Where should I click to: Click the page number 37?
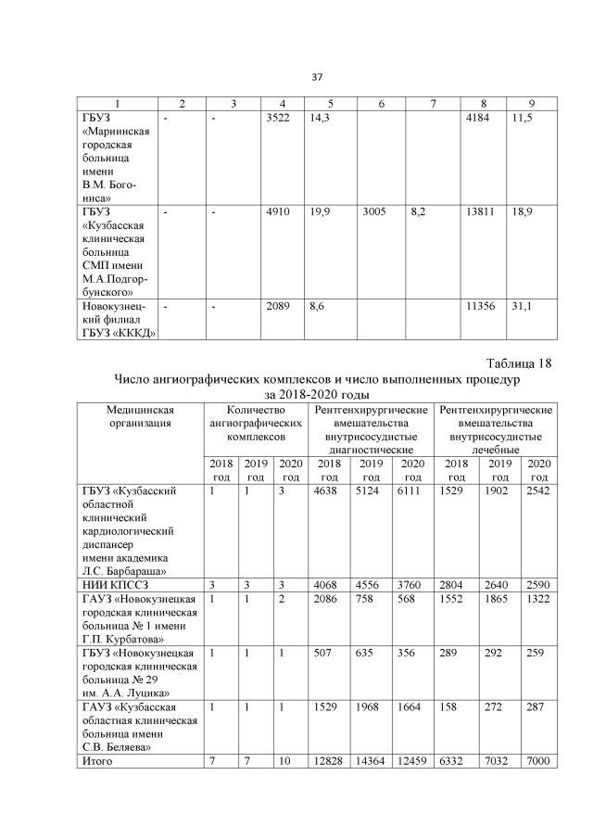point(317,76)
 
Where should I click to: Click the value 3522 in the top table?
point(278,120)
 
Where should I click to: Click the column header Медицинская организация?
point(140,416)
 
